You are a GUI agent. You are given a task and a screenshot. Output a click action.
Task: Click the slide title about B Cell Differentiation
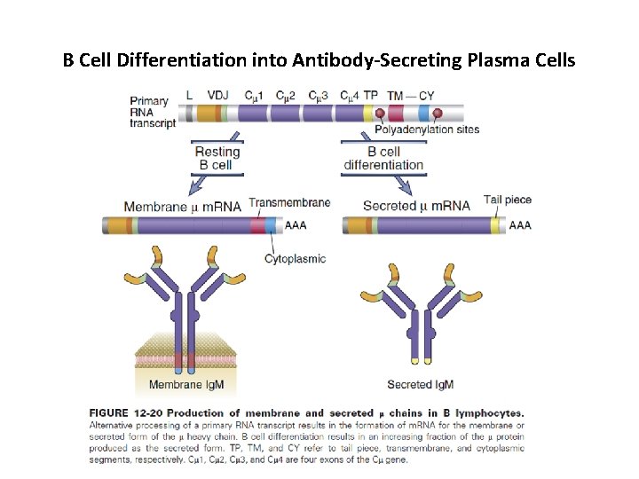coord(319,61)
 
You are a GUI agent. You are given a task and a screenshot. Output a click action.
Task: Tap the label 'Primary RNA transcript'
coord(149,113)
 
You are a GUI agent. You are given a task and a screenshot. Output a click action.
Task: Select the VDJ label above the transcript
coord(217,95)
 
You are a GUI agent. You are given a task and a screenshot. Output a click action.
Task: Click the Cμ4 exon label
coord(349,95)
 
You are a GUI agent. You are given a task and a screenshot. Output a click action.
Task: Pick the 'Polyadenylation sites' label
coord(434,130)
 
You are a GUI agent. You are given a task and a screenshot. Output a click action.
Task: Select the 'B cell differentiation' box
coord(383,158)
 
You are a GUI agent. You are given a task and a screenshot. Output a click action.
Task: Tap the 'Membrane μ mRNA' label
coord(182,207)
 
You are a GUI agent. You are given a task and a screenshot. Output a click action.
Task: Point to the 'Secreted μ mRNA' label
coord(416,207)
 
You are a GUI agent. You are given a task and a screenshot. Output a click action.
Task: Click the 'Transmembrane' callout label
coord(289,202)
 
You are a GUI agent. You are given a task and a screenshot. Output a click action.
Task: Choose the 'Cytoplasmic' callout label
coord(296,259)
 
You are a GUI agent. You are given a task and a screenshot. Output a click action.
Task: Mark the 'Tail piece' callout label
coord(508,200)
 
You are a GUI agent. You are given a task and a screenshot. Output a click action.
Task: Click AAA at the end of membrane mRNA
coord(296,225)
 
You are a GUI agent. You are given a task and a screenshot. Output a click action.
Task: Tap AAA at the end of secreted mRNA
coord(520,225)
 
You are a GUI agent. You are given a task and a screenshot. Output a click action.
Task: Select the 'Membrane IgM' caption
coord(185,385)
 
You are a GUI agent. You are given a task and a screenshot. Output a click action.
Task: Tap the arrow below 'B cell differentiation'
coord(404,184)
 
